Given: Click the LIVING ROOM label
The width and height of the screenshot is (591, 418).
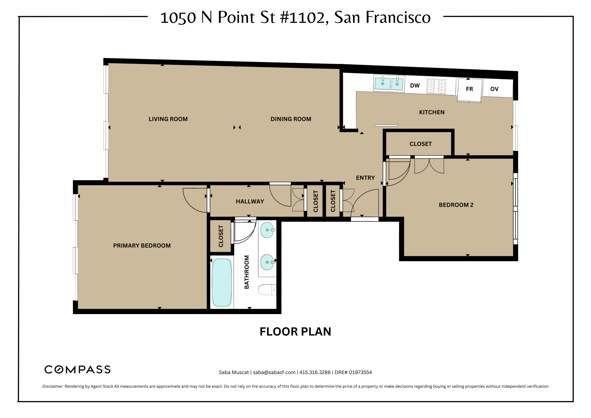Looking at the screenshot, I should click(168, 119).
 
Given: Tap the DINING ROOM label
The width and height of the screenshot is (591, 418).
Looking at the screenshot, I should click(291, 119).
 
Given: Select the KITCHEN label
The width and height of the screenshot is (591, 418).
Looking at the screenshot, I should click(431, 112).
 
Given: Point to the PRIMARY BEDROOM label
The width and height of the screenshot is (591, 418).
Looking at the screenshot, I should click(142, 246).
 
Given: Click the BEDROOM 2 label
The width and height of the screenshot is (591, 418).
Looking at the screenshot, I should click(456, 205).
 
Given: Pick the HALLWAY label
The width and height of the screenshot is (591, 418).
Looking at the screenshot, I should click(250, 201).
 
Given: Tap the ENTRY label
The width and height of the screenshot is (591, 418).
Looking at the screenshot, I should click(365, 178).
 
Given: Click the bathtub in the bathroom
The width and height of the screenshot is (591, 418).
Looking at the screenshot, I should click(222, 282).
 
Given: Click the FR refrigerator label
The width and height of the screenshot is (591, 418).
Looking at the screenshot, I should click(469, 89).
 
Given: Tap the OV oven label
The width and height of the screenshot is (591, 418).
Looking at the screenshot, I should click(494, 89).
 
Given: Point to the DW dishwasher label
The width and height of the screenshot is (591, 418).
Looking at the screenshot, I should click(415, 86).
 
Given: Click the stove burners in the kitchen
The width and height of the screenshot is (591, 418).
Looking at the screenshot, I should click(436, 87).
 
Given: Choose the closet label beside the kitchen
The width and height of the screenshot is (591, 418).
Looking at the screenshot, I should click(420, 144).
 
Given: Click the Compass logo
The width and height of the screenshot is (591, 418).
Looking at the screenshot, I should click(77, 370).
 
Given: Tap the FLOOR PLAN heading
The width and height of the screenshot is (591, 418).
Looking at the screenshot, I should click(295, 332).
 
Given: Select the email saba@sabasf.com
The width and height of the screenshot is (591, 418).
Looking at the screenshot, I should click(274, 372).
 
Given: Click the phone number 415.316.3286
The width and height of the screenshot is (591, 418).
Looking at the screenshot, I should click(315, 372).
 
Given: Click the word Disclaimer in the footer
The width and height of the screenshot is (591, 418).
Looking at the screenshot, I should click(53, 387).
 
